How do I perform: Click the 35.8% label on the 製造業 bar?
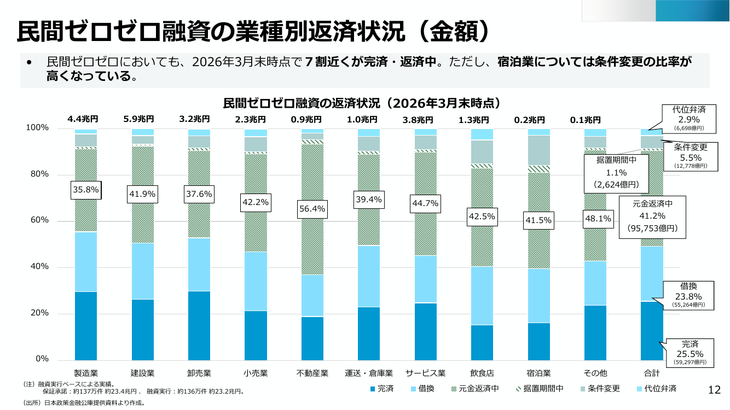pyautogui.click(x=86, y=190)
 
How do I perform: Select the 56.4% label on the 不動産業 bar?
pyautogui.click(x=312, y=209)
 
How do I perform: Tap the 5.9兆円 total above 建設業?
pyautogui.click(x=138, y=119)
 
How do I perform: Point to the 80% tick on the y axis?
pyautogui.click(x=39, y=174)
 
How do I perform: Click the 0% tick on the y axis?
pyautogui.click(x=42, y=359)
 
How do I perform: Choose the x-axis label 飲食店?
pyautogui.click(x=482, y=373)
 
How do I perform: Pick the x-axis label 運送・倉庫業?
pyautogui.click(x=369, y=373)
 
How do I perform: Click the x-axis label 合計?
pyautogui.click(x=652, y=373)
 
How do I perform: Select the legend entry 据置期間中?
pyautogui.click(x=540, y=389)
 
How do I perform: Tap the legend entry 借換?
pyautogui.click(x=422, y=389)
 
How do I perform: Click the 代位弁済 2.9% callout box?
pyautogui.click(x=689, y=119)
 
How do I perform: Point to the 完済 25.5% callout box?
pyautogui.click(x=690, y=353)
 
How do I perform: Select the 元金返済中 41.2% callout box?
pyautogui.click(x=652, y=217)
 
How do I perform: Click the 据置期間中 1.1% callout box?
pyautogui.click(x=616, y=174)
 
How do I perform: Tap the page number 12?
pyautogui.click(x=714, y=390)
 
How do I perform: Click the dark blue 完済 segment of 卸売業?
pyautogui.click(x=199, y=326)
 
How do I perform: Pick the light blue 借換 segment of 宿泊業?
pyautogui.click(x=538, y=296)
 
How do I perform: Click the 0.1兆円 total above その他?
pyautogui.click(x=586, y=120)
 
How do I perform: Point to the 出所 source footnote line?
pyautogui.click(x=84, y=403)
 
